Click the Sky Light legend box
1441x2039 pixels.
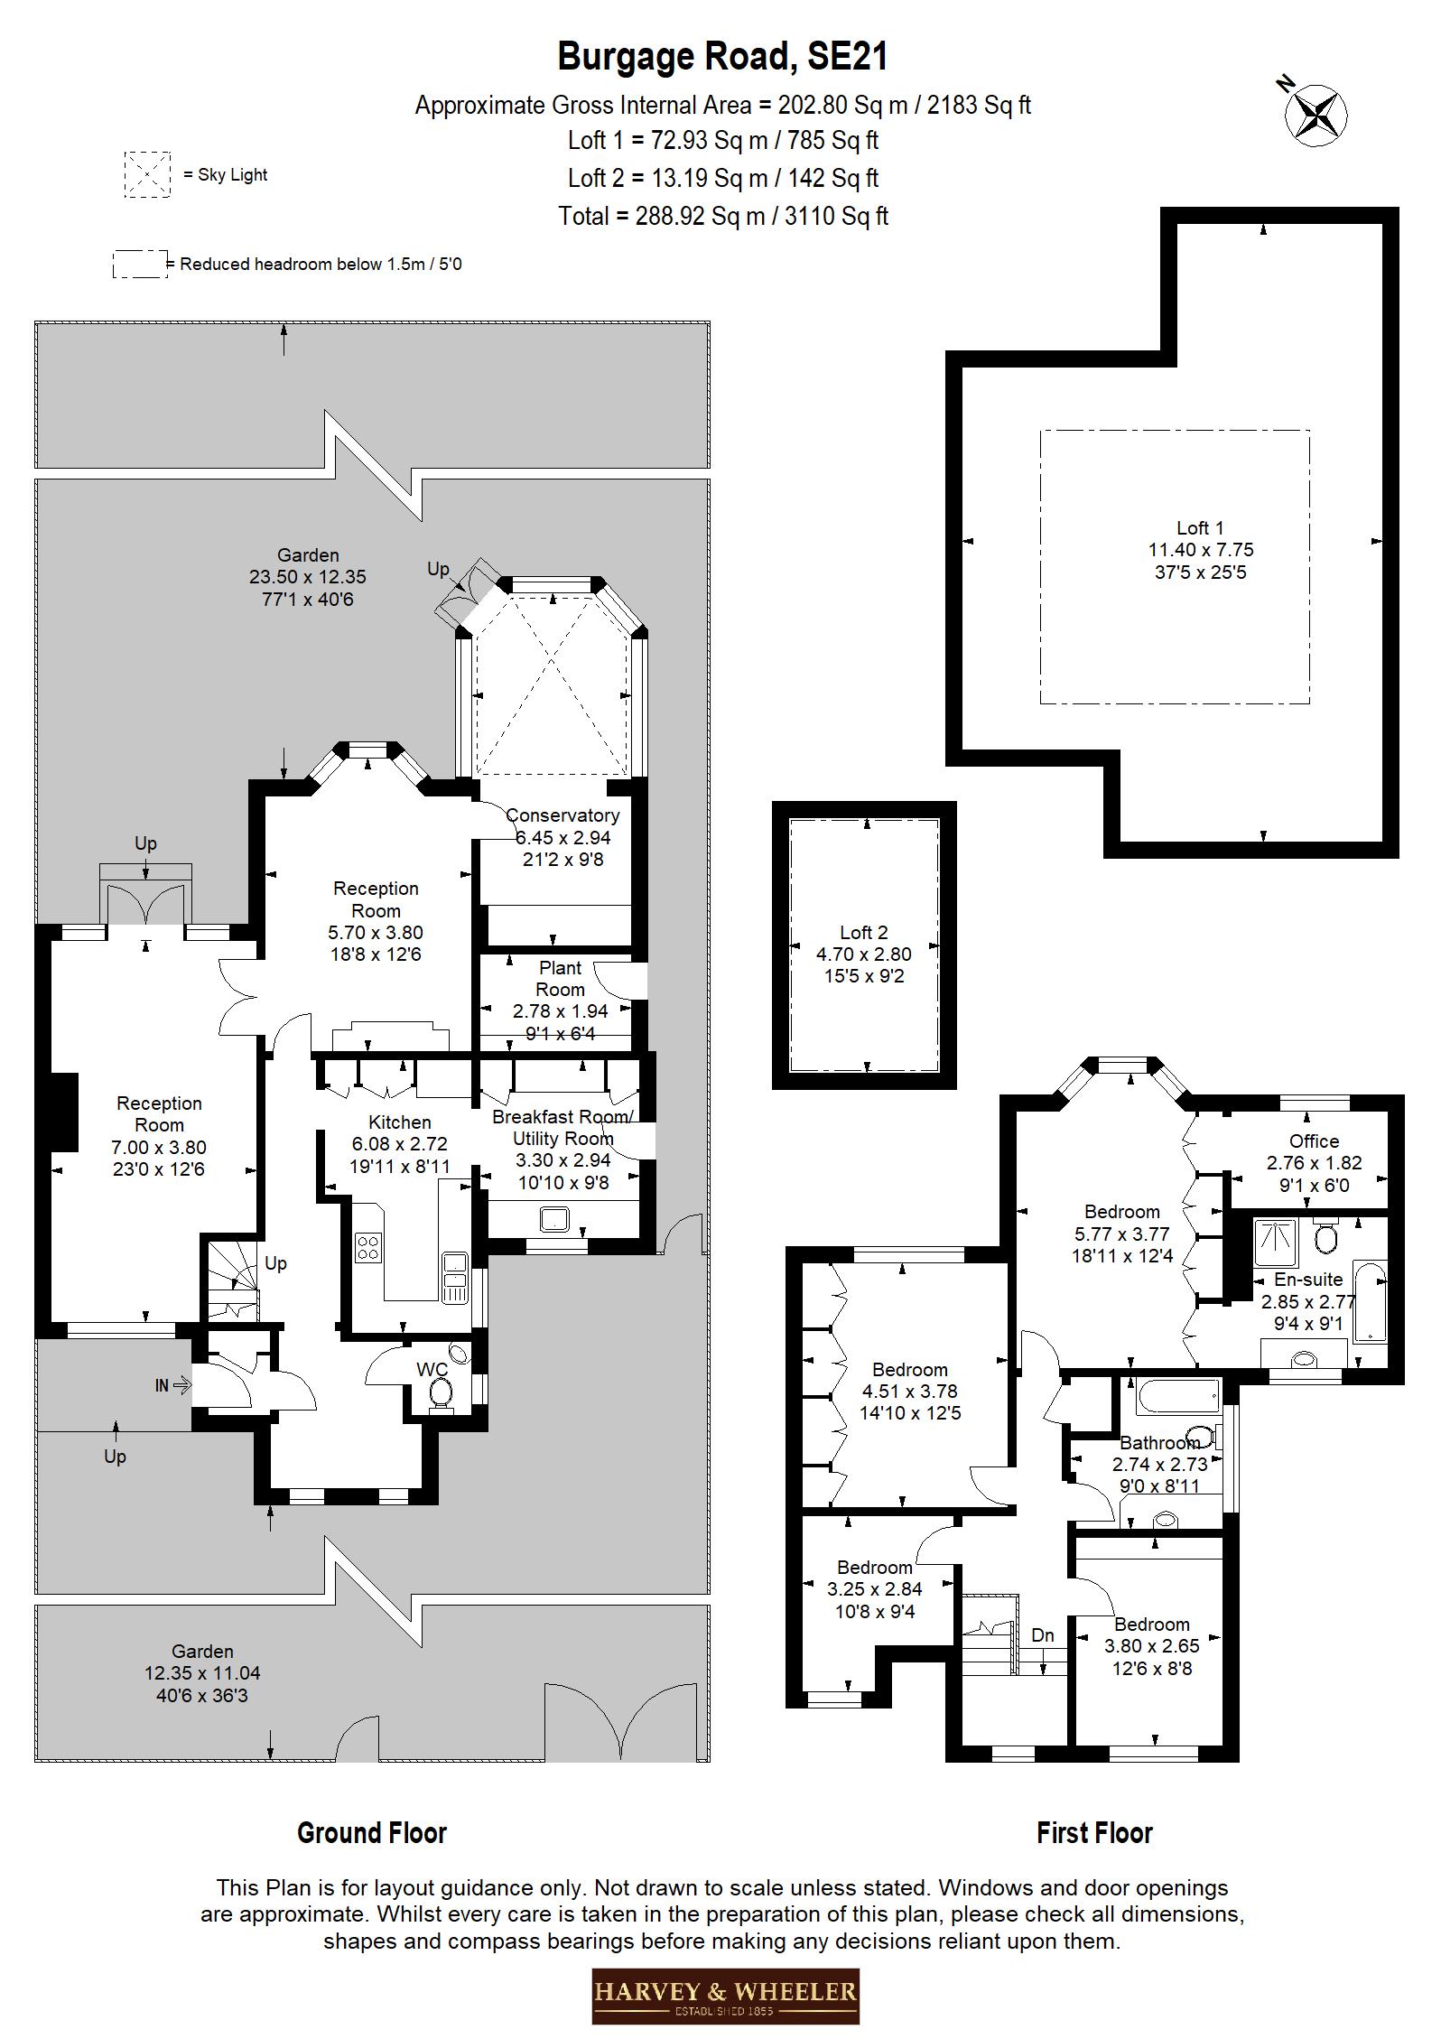coord(146,174)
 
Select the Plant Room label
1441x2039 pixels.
coord(560,978)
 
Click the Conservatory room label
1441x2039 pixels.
coord(562,815)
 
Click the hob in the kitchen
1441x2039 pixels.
coord(367,1247)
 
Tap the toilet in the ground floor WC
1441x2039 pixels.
coord(441,1394)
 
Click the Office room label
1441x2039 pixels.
coord(1314,1141)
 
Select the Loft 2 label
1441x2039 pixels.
coord(864,932)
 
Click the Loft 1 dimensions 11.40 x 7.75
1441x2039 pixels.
coord(1201,550)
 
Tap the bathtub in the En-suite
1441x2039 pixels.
coord(1369,1302)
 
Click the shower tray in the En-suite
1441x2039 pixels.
coord(1276,1243)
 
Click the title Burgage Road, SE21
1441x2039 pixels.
coord(722,56)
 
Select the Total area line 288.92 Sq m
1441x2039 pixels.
coord(722,217)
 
